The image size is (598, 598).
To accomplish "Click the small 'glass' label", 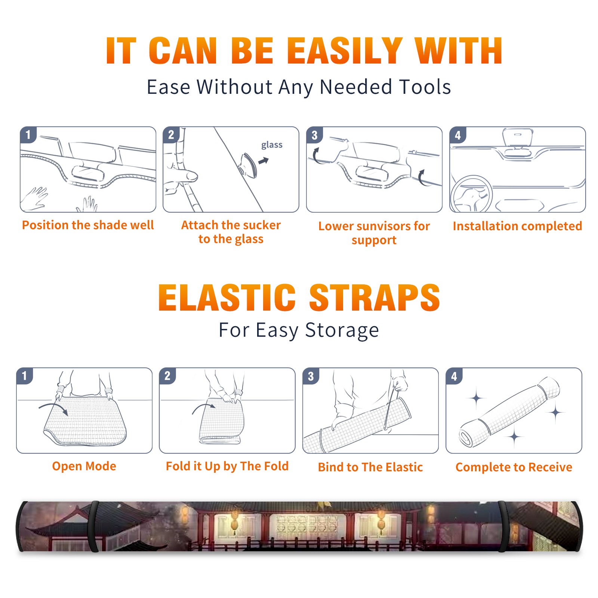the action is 272,145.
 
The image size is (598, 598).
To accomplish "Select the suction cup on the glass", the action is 248,165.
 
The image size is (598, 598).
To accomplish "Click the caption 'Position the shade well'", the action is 88,225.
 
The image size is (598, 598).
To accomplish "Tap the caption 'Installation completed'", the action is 517,226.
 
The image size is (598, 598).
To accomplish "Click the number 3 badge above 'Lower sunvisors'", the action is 314,135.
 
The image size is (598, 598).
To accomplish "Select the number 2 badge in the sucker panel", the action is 171,135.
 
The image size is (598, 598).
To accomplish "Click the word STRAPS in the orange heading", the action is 374,298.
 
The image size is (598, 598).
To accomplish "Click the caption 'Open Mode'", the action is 84,466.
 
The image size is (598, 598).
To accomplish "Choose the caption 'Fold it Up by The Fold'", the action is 227,466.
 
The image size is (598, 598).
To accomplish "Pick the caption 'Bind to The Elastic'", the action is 370,467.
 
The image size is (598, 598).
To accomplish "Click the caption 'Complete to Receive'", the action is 514,467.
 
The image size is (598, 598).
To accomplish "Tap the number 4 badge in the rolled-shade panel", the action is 454,376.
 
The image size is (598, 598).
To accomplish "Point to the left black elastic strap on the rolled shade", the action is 93,527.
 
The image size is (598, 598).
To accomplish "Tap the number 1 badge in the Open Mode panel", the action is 25,376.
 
